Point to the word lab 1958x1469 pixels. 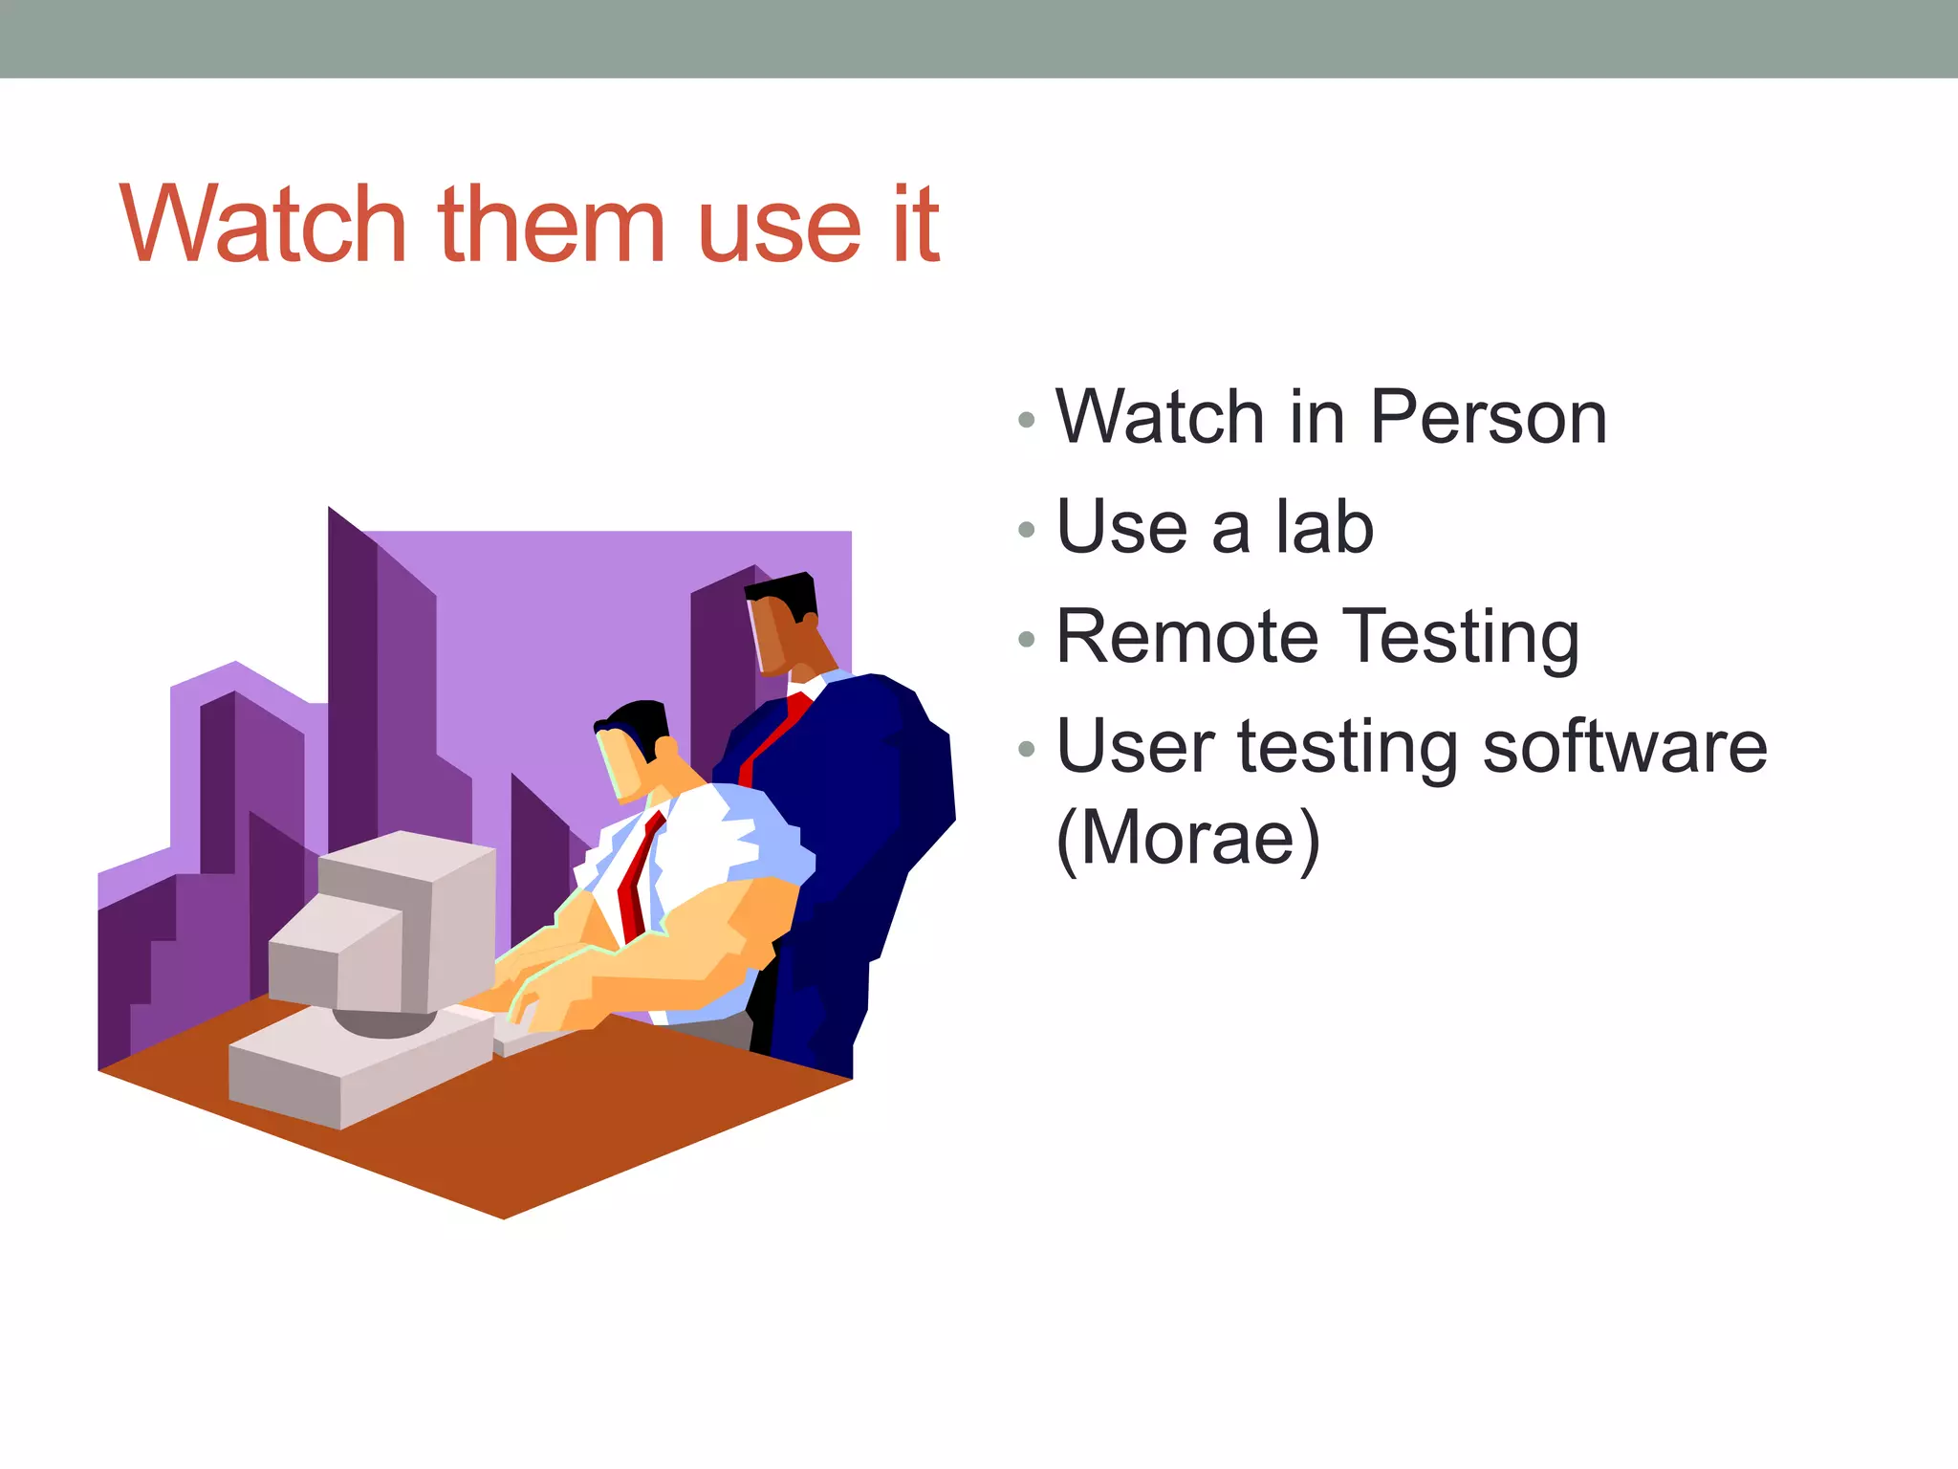point(1324,527)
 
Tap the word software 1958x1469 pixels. point(1624,747)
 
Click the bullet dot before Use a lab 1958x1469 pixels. point(1027,530)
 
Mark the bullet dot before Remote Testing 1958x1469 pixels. point(1027,639)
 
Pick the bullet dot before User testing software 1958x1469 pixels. point(1027,749)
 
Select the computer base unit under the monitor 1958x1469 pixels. point(354,1062)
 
